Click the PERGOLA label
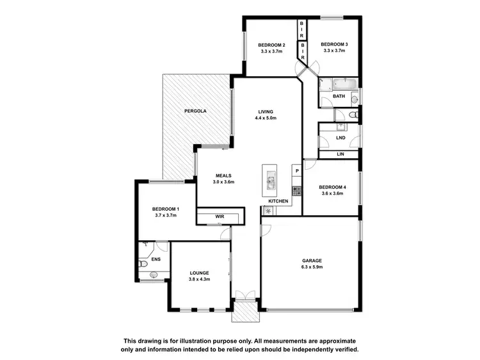coord(195,111)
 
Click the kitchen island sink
coord(270,183)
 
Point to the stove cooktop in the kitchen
coord(296,190)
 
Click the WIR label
coord(220,217)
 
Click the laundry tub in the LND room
coord(340,127)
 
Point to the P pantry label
coord(296,171)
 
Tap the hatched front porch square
coord(244,312)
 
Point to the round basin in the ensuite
coord(153,275)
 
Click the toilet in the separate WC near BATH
coord(354,115)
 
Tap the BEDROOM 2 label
coord(271,44)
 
